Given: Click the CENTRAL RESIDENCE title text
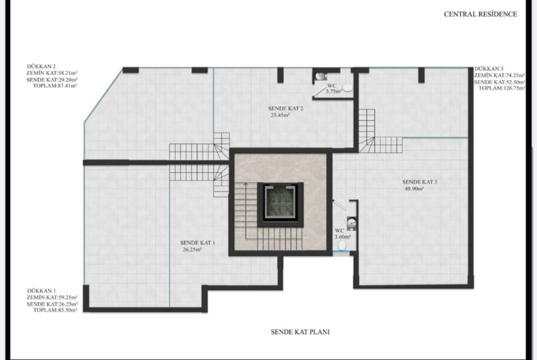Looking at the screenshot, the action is click(x=481, y=14).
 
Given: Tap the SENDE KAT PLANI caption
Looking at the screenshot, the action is click(x=300, y=332).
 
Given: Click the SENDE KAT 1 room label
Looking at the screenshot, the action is click(x=198, y=243).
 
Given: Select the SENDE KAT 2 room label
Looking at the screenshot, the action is click(x=285, y=109).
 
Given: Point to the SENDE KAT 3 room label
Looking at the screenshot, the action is click(x=420, y=182).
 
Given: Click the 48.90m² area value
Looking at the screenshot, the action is click(x=414, y=188).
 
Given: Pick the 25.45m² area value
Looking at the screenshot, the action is click(x=280, y=115).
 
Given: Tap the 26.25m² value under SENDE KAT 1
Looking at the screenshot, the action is click(x=192, y=249).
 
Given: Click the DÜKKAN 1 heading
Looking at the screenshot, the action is click(x=41, y=291).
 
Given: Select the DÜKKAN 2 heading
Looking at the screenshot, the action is click(x=41, y=66).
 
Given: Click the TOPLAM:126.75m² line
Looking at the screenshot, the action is click(x=502, y=88).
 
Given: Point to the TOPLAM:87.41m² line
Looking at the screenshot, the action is click(x=55, y=86).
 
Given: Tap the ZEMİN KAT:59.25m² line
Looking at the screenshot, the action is click(x=52, y=297).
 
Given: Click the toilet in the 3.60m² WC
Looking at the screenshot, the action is click(x=342, y=246).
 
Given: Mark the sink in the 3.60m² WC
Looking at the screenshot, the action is click(x=352, y=223).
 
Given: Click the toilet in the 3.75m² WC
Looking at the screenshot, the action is click(x=347, y=88).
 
